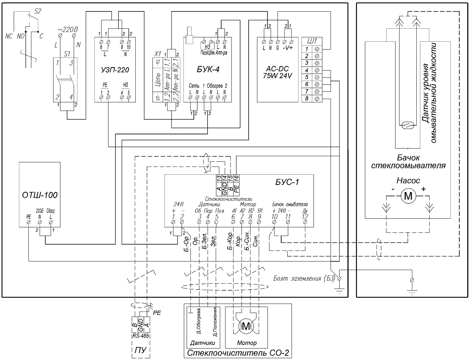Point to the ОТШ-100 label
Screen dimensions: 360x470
tap(40, 194)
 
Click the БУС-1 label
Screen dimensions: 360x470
tap(287, 182)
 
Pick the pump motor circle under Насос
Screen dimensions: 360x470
tap(408, 196)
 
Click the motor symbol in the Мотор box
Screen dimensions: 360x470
tap(246, 326)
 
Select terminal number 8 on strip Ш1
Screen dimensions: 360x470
tap(307, 98)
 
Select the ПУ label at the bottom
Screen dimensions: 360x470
tap(140, 351)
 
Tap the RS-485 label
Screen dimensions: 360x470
tap(140, 336)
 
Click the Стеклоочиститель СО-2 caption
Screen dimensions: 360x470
tap(238, 353)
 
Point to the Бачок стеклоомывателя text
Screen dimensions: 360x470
tap(408, 161)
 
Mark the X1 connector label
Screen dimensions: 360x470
tap(158, 54)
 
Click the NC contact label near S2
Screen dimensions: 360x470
tap(9, 36)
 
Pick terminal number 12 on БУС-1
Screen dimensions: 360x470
tap(305, 216)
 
